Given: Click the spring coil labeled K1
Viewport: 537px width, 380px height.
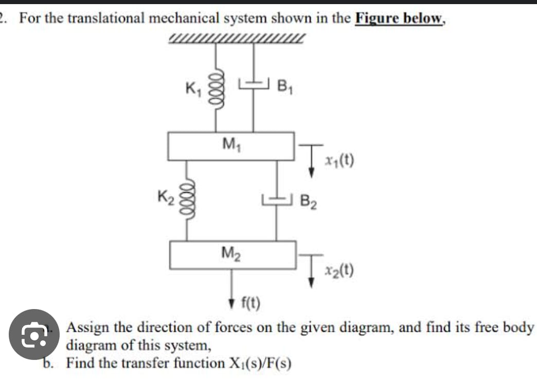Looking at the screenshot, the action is point(216,88).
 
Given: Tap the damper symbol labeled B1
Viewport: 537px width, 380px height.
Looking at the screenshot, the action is point(254,83).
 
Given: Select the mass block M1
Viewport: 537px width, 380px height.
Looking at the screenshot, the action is point(231,146).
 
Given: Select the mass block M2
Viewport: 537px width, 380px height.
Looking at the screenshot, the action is point(233,255).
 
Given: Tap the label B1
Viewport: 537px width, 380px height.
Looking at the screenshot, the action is point(285,86).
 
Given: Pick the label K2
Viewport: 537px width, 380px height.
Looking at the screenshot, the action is point(166,197).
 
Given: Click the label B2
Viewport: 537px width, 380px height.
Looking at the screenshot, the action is point(309,201).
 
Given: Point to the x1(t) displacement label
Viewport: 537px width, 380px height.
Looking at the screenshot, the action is point(339,160).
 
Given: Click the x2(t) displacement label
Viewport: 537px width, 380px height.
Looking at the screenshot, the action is point(339,270).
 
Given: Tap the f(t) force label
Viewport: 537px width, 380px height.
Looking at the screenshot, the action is point(250,302).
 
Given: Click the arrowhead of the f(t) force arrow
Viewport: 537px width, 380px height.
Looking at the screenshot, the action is point(232,303).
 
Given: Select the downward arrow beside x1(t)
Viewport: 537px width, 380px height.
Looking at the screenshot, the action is point(311,161).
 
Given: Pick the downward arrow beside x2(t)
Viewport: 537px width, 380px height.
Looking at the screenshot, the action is point(311,271).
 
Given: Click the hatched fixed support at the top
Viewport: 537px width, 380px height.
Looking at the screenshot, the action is point(236,39).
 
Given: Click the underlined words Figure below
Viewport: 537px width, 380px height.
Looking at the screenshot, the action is point(399,18).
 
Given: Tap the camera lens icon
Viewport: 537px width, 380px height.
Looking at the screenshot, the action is point(34,334).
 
